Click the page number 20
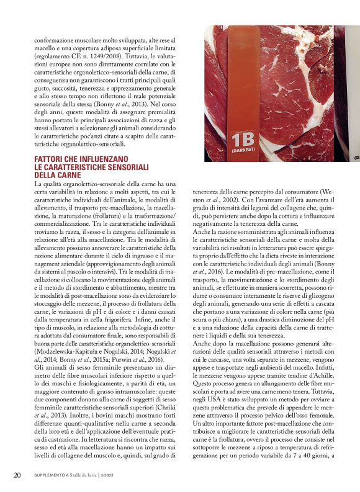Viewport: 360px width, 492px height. click(x=17, y=475)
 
